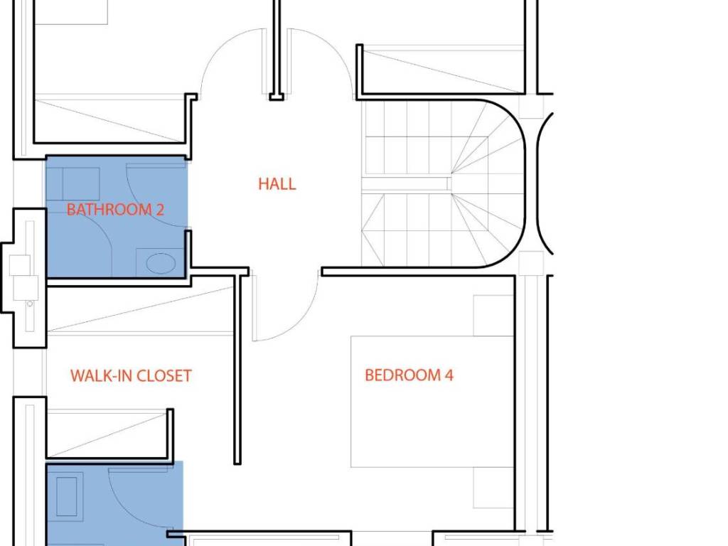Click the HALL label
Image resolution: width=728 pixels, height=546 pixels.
pyautogui.click(x=277, y=184)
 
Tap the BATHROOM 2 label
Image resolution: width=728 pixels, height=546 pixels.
pyautogui.click(x=115, y=210)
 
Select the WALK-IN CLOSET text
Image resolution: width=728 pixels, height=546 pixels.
pyautogui.click(x=131, y=375)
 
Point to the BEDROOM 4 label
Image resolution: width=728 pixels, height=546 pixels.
pyautogui.click(x=409, y=375)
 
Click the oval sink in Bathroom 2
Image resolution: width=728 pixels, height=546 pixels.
pyautogui.click(x=161, y=263)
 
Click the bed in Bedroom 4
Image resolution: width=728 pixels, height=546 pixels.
pyautogui.click(x=432, y=402)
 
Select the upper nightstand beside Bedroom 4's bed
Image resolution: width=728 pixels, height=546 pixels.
pyautogui.click(x=493, y=315)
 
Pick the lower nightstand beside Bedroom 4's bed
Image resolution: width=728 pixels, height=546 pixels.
pyautogui.click(x=493, y=488)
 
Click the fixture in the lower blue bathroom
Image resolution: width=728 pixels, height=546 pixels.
pyautogui.click(x=67, y=496)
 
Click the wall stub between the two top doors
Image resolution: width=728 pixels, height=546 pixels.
pyautogui.click(x=277, y=49)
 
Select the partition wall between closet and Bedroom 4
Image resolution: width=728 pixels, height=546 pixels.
pyautogui.click(x=237, y=369)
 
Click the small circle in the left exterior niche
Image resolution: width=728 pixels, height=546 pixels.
pyautogui.click(x=30, y=304)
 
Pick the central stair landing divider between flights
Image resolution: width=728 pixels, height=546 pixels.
pyautogui.click(x=407, y=184)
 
